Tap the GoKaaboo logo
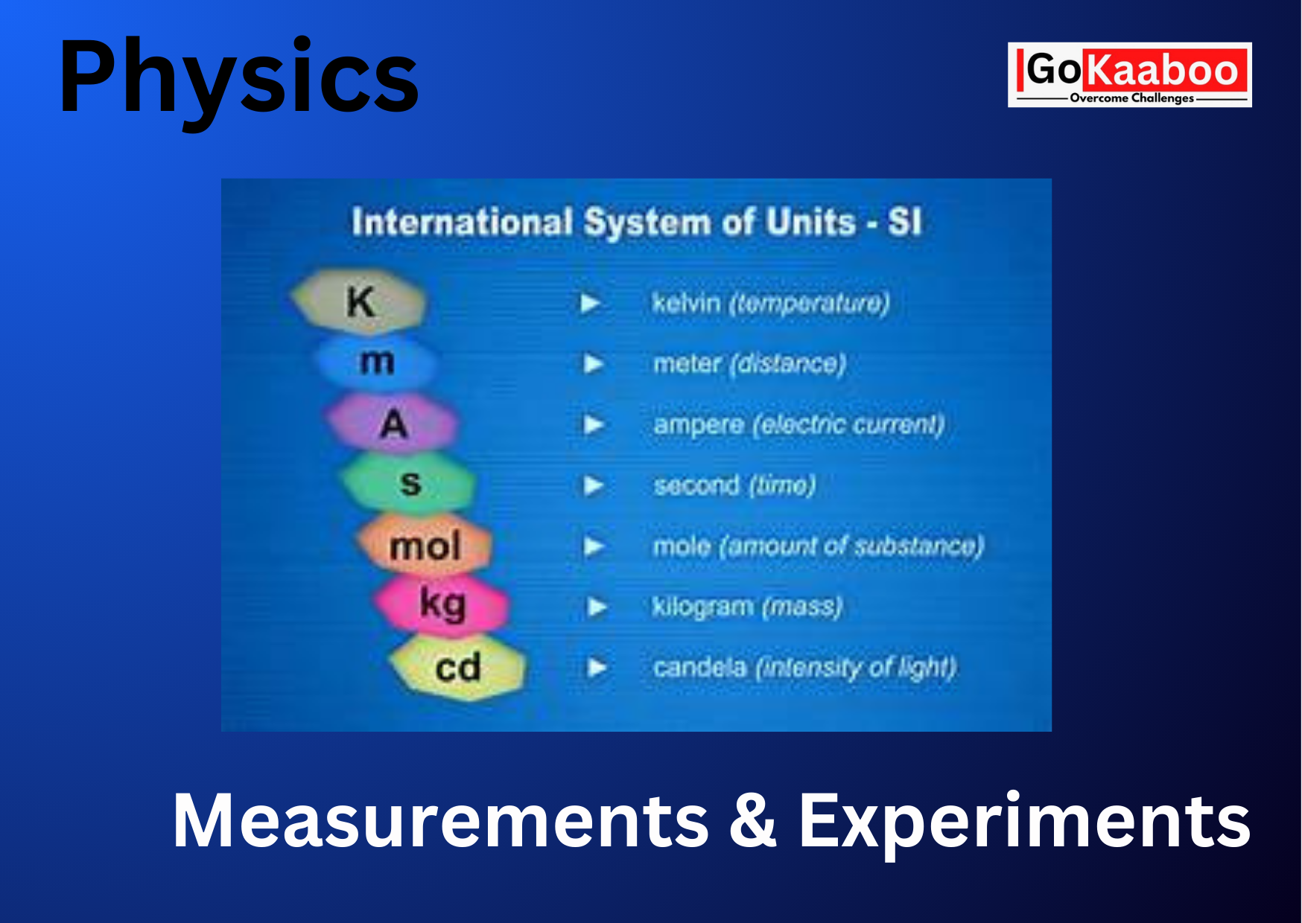point(1129,74)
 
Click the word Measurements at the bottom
point(440,820)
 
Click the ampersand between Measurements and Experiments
point(753,820)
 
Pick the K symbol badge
point(359,301)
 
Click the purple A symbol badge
point(393,423)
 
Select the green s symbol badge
point(409,483)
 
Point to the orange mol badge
point(425,545)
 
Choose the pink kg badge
point(442,604)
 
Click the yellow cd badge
point(457,667)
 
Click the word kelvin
point(686,303)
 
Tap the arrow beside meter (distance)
point(593,364)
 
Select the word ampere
point(699,425)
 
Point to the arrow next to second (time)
point(593,485)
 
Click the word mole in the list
point(682,546)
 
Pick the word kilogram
point(702,607)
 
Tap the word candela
point(699,667)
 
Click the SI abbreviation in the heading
point(905,222)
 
